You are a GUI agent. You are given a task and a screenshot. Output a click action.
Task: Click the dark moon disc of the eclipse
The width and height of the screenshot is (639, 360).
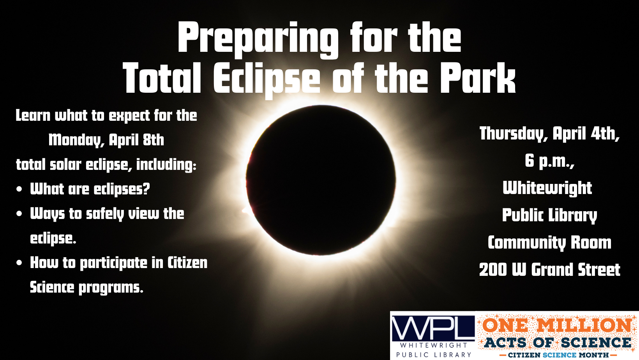[321, 180]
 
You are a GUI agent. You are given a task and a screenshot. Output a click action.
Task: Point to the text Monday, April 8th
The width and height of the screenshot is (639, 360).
[106, 140]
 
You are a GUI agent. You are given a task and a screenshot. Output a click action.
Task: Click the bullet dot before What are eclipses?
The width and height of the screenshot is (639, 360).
[19, 189]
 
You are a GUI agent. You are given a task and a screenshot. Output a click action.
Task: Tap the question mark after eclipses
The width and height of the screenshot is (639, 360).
[146, 189]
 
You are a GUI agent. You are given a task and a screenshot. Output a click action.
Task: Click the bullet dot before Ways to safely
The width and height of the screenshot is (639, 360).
[19, 214]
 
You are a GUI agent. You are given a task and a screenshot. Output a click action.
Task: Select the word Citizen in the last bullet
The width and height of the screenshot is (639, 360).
[187, 263]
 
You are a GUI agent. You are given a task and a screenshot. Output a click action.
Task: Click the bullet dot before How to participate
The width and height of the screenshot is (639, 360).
[19, 263]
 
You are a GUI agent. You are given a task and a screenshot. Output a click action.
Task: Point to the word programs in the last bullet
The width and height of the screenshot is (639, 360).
[111, 288]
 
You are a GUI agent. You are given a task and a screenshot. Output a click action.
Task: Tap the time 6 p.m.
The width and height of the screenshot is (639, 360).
[549, 161]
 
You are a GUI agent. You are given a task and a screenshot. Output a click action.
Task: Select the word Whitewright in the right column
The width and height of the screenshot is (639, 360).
[547, 188]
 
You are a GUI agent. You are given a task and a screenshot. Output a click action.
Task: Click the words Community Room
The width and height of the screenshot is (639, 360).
[549, 242]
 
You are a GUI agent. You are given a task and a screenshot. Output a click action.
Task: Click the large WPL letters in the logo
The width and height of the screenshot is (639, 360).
[432, 328]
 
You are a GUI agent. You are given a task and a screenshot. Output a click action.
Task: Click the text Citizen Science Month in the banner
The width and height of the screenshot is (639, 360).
[558, 355]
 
